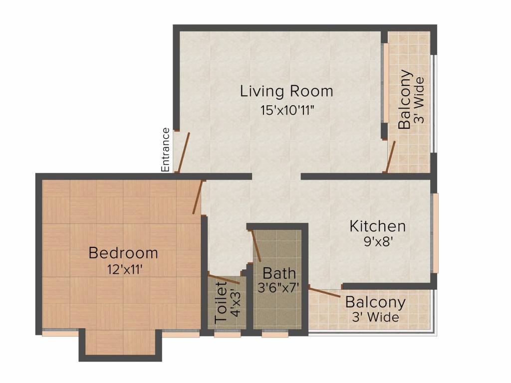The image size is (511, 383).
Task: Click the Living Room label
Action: tap(286, 91)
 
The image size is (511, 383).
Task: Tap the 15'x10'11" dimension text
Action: tap(287, 110)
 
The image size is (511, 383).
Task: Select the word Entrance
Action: tap(166, 150)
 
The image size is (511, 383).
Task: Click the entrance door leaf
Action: tap(183, 152)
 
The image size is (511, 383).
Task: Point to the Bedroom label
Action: tap(123, 253)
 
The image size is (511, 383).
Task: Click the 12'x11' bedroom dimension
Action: tap(125, 270)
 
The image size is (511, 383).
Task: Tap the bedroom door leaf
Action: tap(198, 197)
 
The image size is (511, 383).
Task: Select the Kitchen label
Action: tap(378, 226)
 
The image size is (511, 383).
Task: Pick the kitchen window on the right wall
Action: tap(435, 233)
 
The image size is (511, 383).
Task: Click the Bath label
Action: tap(279, 273)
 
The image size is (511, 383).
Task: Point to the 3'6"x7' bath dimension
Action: tap(278, 288)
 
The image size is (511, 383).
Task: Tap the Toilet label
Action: tap(221, 302)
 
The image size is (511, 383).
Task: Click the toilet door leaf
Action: tap(224, 279)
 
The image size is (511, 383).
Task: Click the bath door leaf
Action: tap(255, 245)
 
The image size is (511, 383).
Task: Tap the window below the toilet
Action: tap(228, 334)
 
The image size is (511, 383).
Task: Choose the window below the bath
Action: tap(275, 334)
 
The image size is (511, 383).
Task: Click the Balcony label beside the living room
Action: tap(405, 99)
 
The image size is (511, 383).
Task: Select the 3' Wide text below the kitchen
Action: tap(376, 317)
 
